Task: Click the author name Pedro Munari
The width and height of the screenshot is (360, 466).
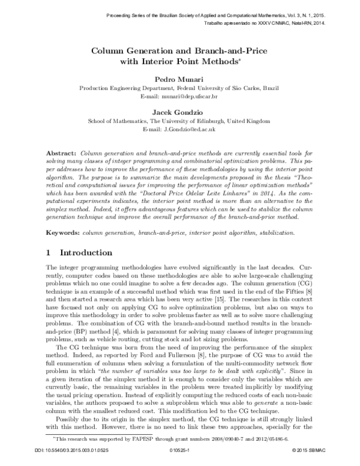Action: click(x=179, y=78)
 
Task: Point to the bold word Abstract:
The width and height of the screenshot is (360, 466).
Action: click(x=60, y=154)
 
